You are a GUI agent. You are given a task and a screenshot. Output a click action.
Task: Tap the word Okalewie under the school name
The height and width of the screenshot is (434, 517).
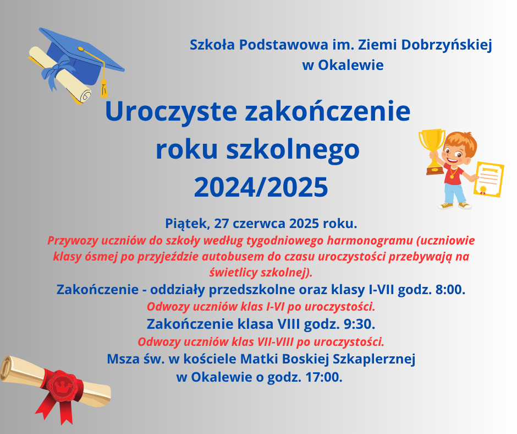click(350, 65)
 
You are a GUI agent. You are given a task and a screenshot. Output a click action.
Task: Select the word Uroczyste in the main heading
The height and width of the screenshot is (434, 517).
click(171, 112)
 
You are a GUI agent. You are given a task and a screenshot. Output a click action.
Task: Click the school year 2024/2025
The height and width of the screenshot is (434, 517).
click(261, 187)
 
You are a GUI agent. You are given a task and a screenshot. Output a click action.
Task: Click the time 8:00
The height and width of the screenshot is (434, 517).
click(450, 290)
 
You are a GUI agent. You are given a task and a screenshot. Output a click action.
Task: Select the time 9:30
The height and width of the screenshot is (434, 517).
click(359, 324)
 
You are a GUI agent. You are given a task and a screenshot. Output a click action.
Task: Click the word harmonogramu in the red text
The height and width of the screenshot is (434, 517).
click(370, 241)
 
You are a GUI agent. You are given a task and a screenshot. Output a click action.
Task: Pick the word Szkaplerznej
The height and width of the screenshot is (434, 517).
click(373, 359)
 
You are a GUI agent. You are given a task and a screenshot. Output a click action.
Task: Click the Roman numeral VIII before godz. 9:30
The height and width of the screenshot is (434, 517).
click(289, 324)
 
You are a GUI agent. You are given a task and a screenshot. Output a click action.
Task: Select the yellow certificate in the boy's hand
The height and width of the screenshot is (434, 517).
click(488, 180)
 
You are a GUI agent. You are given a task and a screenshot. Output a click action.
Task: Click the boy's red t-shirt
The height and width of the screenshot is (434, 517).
click(454, 173)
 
